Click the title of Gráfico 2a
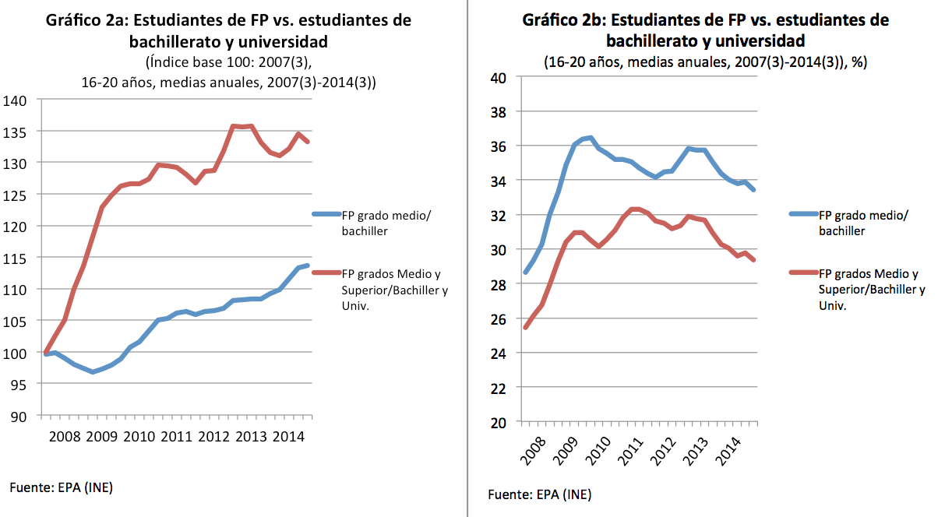[228, 30]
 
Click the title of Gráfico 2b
[705, 30]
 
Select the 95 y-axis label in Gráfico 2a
[19, 384]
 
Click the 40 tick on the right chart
[498, 78]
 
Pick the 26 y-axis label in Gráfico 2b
[498, 318]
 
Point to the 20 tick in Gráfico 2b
[498, 422]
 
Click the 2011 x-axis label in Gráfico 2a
[176, 436]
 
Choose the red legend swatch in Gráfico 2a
[326, 274]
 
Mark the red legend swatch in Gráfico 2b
[802, 273]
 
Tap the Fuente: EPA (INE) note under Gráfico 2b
[539, 494]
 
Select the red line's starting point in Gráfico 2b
[526, 327]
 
